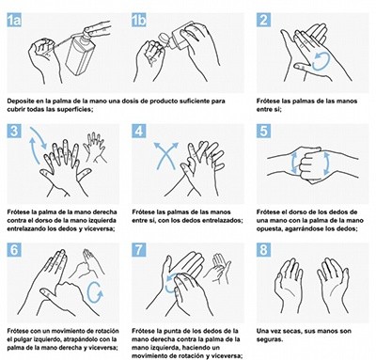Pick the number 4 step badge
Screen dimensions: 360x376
click(140, 133)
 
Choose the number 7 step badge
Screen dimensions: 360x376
click(140, 250)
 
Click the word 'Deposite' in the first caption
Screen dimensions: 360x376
click(22, 99)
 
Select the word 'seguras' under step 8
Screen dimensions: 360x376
click(273, 339)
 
